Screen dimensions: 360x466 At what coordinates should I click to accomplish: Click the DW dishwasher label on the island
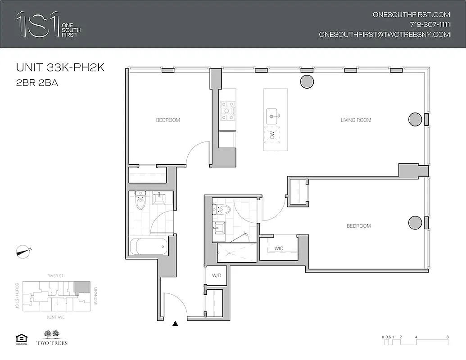271,135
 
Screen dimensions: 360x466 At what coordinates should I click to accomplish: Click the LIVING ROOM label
356,120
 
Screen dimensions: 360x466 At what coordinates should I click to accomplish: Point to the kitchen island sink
272,116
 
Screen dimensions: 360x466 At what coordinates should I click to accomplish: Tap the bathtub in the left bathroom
149,247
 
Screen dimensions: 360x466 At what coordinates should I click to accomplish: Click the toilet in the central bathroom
222,209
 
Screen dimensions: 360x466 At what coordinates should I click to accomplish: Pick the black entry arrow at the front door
176,323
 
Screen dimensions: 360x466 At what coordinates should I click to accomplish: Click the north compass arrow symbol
23,251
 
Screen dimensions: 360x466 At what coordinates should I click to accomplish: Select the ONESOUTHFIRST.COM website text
411,14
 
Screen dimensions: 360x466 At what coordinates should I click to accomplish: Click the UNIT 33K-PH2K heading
60,68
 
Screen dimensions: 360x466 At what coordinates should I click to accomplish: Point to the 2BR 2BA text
37,83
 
